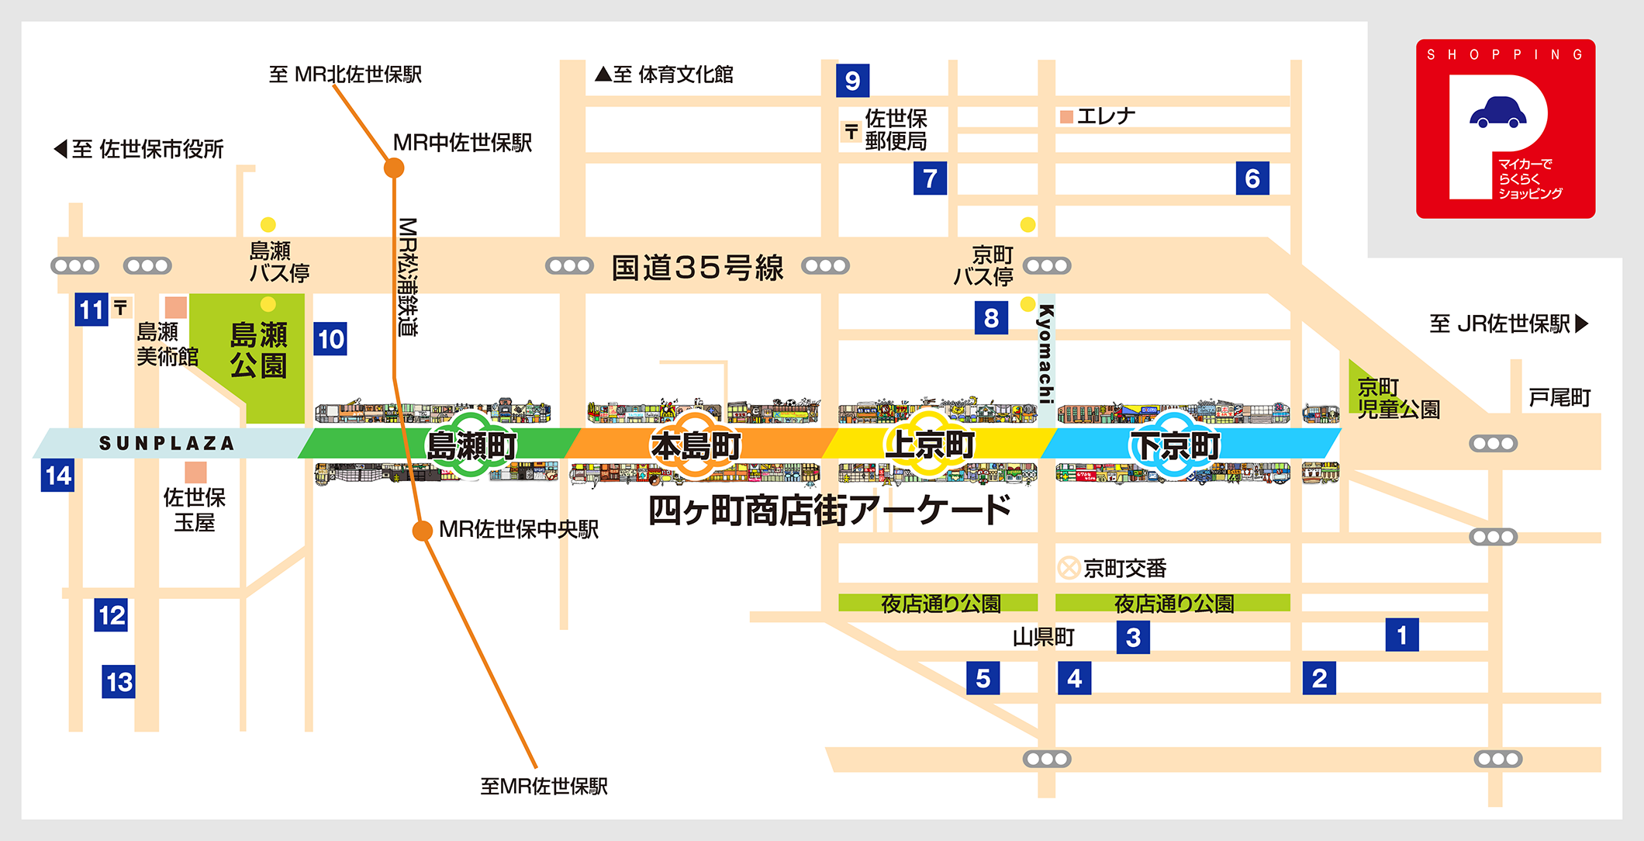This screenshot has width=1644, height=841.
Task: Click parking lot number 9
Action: pyautogui.click(x=852, y=81)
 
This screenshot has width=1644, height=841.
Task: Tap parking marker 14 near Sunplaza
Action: pyautogui.click(x=58, y=476)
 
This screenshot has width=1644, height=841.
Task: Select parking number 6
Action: pyautogui.click(x=1252, y=178)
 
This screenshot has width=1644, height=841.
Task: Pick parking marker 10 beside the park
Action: pyautogui.click(x=330, y=339)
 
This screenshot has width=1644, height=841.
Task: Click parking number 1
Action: pyautogui.click(x=1402, y=635)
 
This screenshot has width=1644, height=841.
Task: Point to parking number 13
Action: pyautogui.click(x=119, y=682)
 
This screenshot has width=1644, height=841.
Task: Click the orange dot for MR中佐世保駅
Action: pyautogui.click(x=394, y=168)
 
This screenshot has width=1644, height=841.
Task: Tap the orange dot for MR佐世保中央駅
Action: pyautogui.click(x=422, y=531)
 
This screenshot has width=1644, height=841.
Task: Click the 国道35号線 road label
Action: pyautogui.click(x=697, y=268)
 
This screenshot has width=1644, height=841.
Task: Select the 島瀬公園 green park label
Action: pyautogui.click(x=259, y=350)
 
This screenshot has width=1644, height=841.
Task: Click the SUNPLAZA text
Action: pyautogui.click(x=167, y=443)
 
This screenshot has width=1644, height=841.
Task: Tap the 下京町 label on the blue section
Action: pyautogui.click(x=1175, y=445)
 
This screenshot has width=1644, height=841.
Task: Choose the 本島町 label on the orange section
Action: pyautogui.click(x=696, y=445)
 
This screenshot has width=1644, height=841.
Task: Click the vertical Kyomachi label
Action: pyautogui.click(x=1046, y=354)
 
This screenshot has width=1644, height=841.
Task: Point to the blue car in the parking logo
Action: pyautogui.click(x=1497, y=112)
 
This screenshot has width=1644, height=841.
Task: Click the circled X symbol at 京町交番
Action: pyautogui.click(x=1069, y=568)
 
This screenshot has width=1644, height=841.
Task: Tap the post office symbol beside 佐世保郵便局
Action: pyautogui.click(x=851, y=132)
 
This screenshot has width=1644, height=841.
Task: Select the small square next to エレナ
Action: pyautogui.click(x=1066, y=117)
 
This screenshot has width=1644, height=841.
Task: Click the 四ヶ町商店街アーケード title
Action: pyautogui.click(x=829, y=510)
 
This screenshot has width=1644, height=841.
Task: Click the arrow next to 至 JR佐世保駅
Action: pyautogui.click(x=1582, y=324)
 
